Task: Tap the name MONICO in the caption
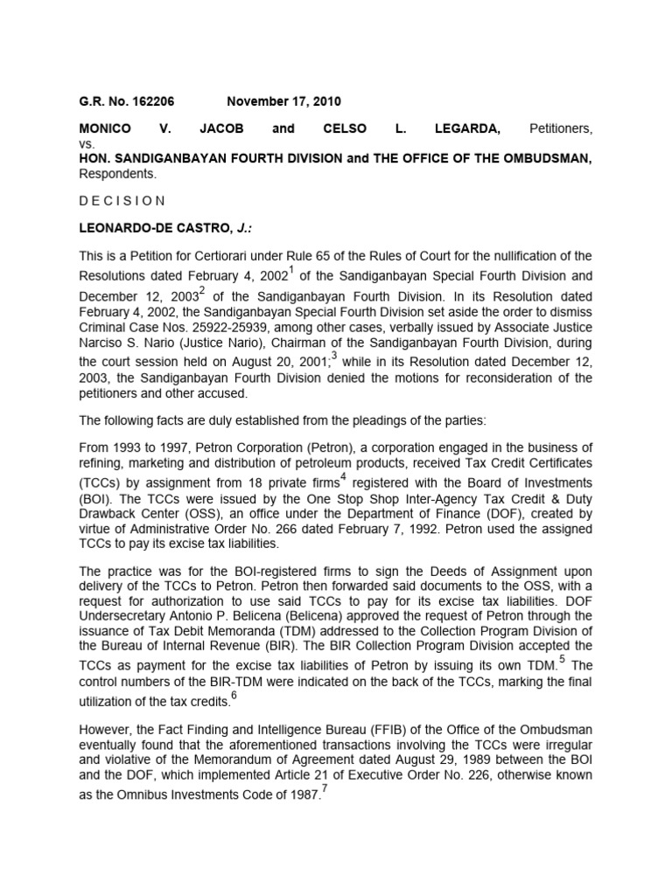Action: pos(104,128)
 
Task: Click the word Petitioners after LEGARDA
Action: pos(561,128)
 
